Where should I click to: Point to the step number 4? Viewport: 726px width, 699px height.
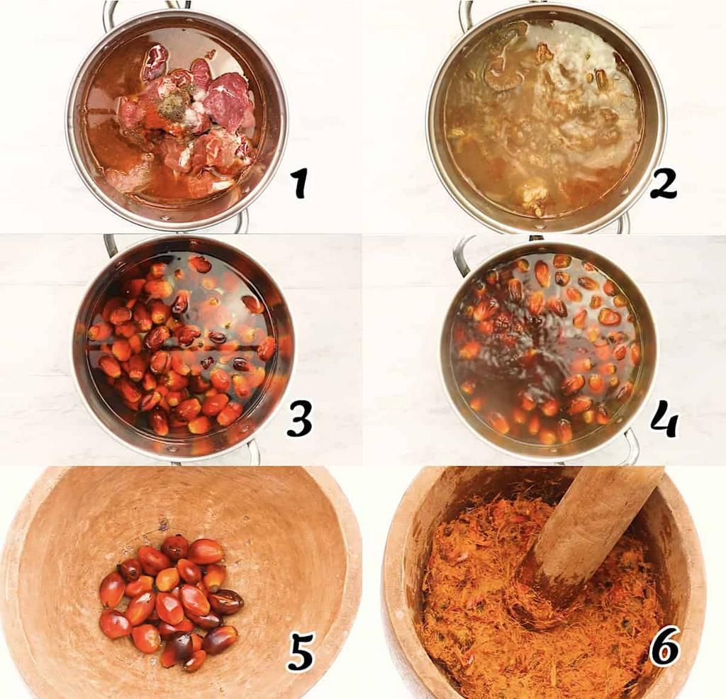(x=664, y=420)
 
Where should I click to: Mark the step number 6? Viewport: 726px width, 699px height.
(x=664, y=648)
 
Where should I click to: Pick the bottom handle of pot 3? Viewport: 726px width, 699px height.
(x=252, y=452)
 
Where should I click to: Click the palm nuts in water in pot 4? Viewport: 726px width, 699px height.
(x=546, y=347)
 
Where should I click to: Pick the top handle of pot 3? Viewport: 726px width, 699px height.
(x=110, y=245)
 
